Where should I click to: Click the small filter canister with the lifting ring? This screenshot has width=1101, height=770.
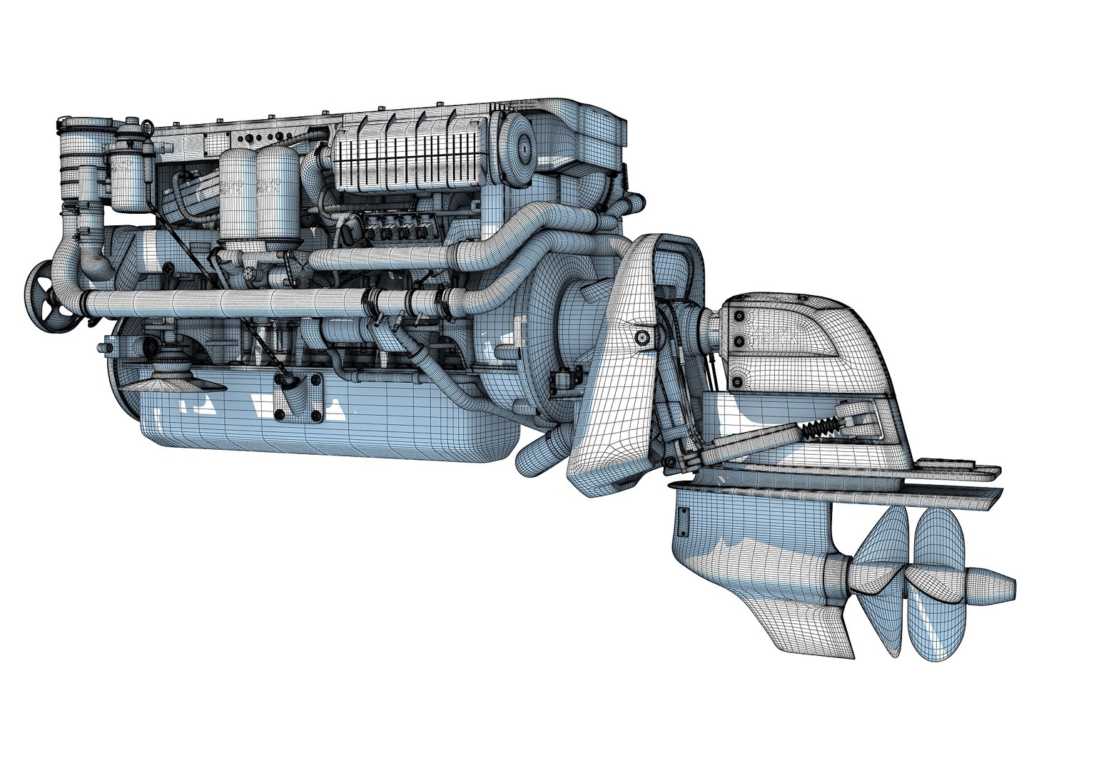[x=129, y=175]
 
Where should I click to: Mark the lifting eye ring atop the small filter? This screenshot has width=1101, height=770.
[x=131, y=123]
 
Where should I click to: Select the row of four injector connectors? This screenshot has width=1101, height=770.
[x=389, y=232]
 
